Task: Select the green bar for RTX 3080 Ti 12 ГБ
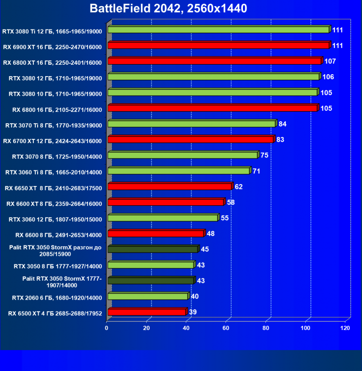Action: click(x=218, y=29)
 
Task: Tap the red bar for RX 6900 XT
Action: click(x=218, y=45)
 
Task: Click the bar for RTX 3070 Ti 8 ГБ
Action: click(x=191, y=124)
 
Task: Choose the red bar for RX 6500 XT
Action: click(x=147, y=312)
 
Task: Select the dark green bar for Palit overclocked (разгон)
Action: click(x=152, y=249)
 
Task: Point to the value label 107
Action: click(x=330, y=61)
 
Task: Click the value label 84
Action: click(x=282, y=124)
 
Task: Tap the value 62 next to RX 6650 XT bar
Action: click(x=239, y=187)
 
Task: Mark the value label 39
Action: click(x=193, y=312)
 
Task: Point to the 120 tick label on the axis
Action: click(x=345, y=328)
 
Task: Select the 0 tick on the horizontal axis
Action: click(x=107, y=328)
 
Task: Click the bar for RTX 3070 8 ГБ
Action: click(x=182, y=155)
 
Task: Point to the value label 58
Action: click(x=231, y=203)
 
